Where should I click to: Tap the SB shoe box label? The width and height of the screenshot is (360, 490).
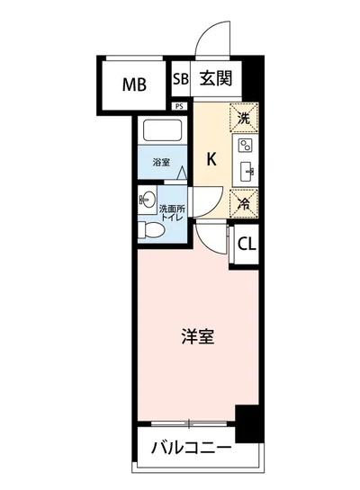(x=178, y=79)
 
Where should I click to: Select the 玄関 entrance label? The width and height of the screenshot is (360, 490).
(x=216, y=79)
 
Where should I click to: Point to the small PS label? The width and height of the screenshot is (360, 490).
(x=180, y=105)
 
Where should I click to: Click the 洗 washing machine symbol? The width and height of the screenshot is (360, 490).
(x=243, y=117)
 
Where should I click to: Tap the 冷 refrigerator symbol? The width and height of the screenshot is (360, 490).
(x=243, y=203)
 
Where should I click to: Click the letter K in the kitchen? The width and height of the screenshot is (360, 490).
(x=212, y=160)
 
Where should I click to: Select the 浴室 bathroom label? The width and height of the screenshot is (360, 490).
(x=161, y=164)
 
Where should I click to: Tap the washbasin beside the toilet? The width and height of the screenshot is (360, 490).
(x=147, y=199)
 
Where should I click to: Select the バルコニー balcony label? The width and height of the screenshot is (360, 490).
(x=191, y=447)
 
